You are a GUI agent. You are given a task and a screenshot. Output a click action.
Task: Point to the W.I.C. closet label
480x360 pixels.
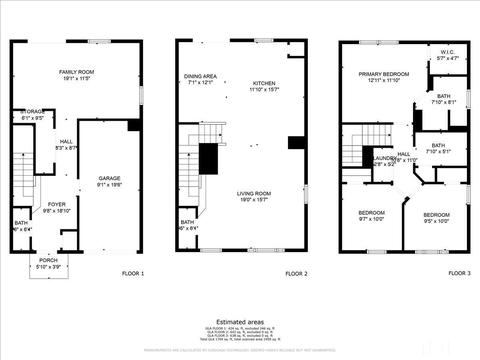coord(447,55)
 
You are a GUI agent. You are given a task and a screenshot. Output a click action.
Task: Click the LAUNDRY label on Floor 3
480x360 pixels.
coord(385,159)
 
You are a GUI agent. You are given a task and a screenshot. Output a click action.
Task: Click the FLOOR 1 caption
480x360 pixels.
coord(133,273)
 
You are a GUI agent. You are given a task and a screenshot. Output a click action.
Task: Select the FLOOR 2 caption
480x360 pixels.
coord(296,273)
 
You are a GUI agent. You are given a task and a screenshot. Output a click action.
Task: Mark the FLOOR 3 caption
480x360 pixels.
coord(459,273)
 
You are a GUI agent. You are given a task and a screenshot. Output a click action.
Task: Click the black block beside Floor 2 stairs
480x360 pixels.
coord(208,158)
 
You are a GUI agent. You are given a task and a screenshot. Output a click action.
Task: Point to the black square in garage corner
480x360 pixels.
coord(134,125)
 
